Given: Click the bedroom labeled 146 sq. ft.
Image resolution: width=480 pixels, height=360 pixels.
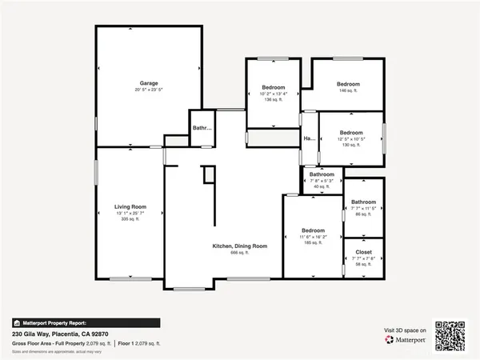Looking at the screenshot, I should click(348, 84).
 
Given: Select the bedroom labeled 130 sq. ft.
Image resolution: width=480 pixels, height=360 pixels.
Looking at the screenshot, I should click(351, 133).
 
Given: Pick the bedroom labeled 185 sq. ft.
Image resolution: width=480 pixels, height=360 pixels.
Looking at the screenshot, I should click(313, 230).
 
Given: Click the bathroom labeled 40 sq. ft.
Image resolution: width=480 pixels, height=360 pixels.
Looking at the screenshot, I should click(322, 174).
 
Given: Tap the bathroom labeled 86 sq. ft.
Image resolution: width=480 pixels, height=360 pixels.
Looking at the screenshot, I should click(363, 202).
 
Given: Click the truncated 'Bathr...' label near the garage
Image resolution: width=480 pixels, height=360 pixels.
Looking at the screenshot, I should click(202, 127).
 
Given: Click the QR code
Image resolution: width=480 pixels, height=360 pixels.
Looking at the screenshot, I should click(449, 336).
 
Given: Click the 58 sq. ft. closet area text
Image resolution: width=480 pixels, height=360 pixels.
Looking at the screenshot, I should click(362, 264).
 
